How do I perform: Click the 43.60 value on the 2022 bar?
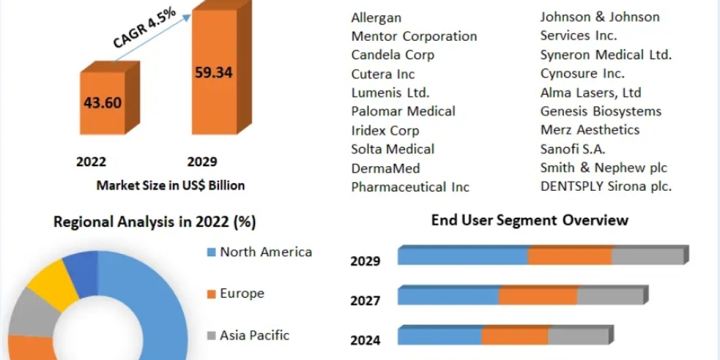(x=103, y=103)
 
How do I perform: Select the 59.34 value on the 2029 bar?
(x=214, y=73)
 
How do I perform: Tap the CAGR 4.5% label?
(x=145, y=28)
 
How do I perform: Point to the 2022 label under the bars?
(x=91, y=161)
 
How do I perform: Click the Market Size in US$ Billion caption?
(x=170, y=185)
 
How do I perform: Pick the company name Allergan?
(x=376, y=17)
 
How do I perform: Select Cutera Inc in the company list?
(x=383, y=74)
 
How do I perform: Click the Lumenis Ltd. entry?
(x=390, y=92)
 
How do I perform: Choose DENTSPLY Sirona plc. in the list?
(x=606, y=186)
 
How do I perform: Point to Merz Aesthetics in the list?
(x=590, y=130)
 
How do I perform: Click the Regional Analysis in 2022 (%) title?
(x=155, y=222)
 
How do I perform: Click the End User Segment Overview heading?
(x=529, y=220)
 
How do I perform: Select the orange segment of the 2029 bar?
(x=569, y=256)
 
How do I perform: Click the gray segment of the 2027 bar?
(x=610, y=296)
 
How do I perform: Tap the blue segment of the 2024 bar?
(x=439, y=337)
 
